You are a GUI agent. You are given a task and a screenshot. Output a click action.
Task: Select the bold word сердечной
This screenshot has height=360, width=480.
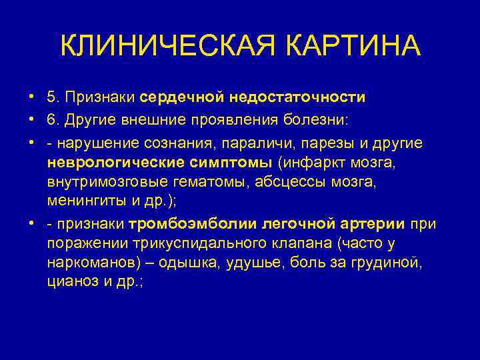(183, 97)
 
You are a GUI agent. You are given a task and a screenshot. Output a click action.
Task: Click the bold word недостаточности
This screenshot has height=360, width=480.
(297, 97)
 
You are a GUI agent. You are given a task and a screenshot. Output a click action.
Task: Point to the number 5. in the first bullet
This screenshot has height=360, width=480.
(53, 97)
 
